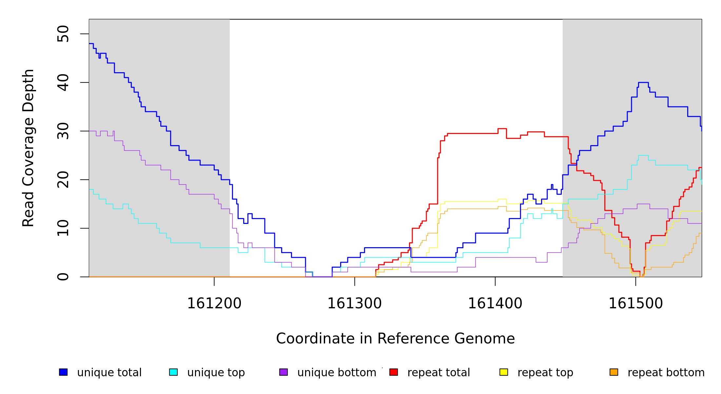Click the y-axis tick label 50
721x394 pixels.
63,34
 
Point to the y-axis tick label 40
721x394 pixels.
63,82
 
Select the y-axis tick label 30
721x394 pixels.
63,131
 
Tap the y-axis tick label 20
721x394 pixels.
63,180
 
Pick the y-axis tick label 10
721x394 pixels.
63,228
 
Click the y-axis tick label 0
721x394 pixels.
63,277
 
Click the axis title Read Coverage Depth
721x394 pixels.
28,148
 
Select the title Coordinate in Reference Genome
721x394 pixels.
395,339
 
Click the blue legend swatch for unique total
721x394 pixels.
63,372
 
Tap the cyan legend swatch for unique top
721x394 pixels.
173,372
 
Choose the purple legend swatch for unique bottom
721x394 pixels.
283,372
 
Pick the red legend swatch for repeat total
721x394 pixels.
394,372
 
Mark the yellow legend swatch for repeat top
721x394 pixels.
504,372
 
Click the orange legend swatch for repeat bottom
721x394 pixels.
614,372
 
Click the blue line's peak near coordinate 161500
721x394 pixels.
643,82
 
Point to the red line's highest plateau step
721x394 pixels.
502,129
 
